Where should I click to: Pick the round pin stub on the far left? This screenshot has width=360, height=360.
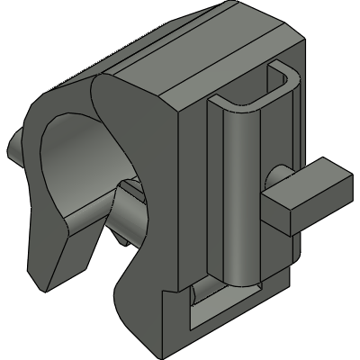pyautogui.click(x=17, y=144)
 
